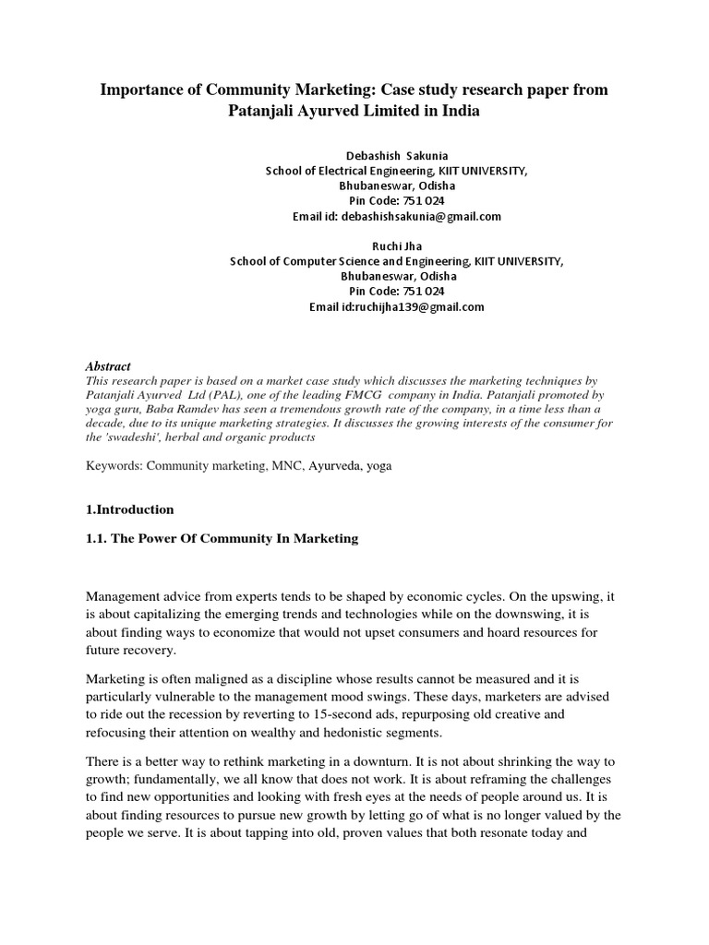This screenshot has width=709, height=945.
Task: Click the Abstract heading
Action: tap(108, 366)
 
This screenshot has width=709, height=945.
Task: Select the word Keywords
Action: tap(114, 466)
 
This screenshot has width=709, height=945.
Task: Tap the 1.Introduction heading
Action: tap(129, 509)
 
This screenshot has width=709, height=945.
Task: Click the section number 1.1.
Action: tap(95, 538)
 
